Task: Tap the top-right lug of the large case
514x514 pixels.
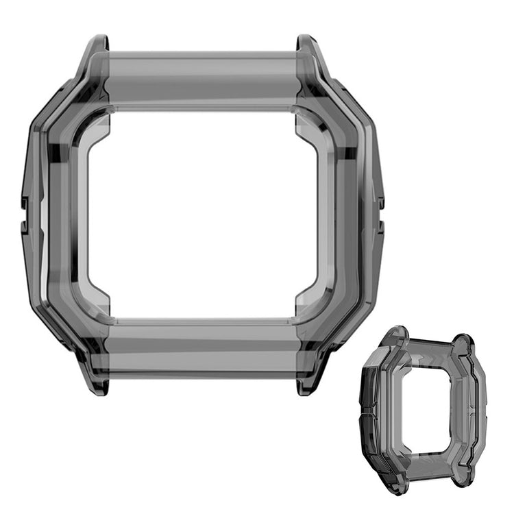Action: coord(309,51)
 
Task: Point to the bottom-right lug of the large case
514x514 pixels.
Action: coord(309,380)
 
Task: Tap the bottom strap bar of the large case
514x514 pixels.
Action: coord(204,353)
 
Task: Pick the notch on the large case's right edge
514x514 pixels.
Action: coord(379,203)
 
